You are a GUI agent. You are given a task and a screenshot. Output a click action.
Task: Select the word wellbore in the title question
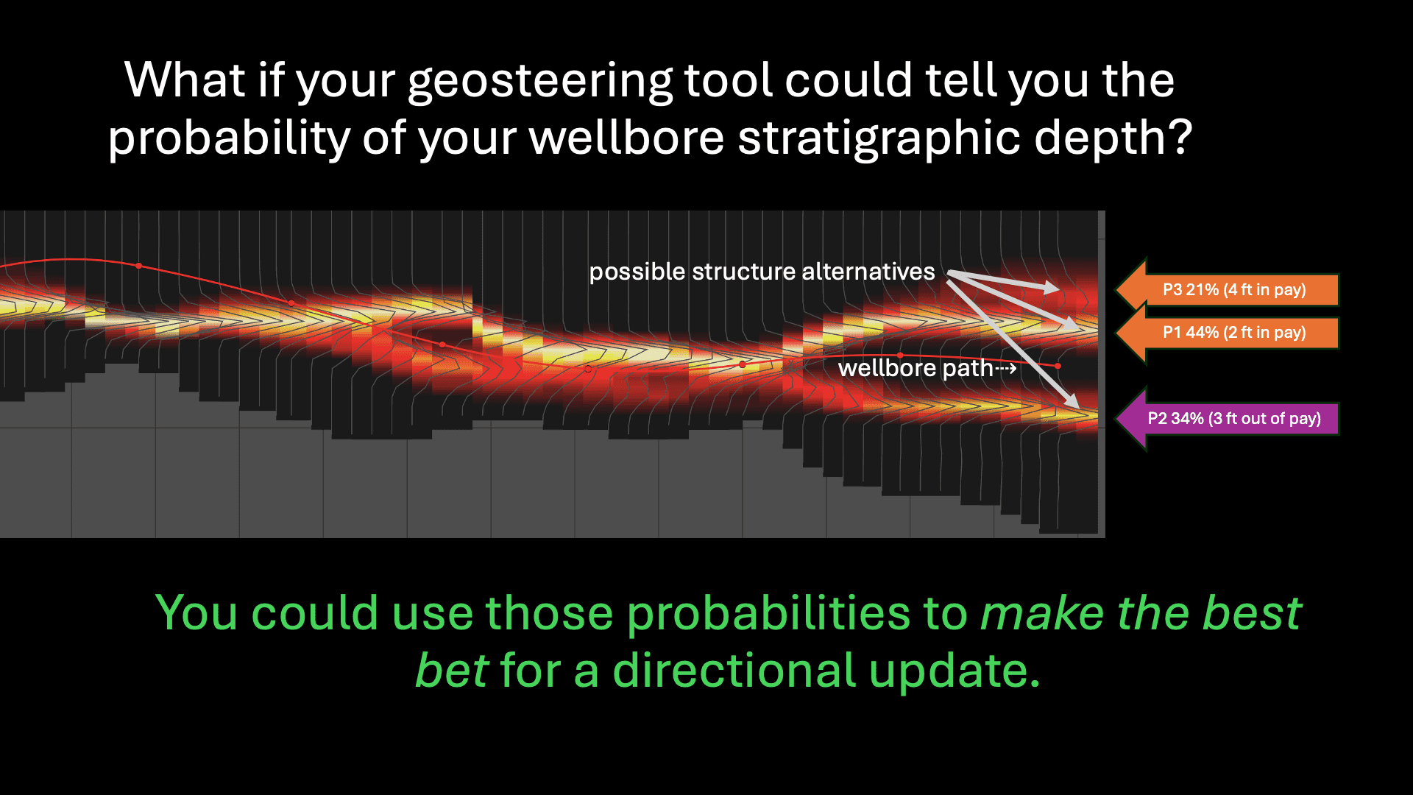pos(626,138)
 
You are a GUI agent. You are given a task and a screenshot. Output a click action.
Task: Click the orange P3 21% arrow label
pos(1233,289)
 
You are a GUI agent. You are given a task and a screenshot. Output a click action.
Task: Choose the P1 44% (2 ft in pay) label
pos(1233,333)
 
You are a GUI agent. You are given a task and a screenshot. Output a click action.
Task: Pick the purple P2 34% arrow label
pos(1233,418)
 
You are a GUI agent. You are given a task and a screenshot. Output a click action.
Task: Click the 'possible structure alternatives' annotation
pos(762,272)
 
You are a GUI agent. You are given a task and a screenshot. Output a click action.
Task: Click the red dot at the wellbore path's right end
pos(1058,366)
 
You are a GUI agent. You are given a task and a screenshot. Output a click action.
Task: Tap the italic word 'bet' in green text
pos(451,671)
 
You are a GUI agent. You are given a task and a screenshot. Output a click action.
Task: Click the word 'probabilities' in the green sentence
pos(768,613)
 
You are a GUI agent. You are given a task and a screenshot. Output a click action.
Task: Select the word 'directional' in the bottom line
pos(734,671)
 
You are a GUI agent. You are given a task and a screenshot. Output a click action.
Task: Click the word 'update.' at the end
pos(955,671)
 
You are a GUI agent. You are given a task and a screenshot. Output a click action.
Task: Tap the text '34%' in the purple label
pos(1187,418)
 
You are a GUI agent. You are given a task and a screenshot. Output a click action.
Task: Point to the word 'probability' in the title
pos(229,138)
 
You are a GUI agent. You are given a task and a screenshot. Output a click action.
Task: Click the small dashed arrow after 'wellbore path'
pos(1006,368)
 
